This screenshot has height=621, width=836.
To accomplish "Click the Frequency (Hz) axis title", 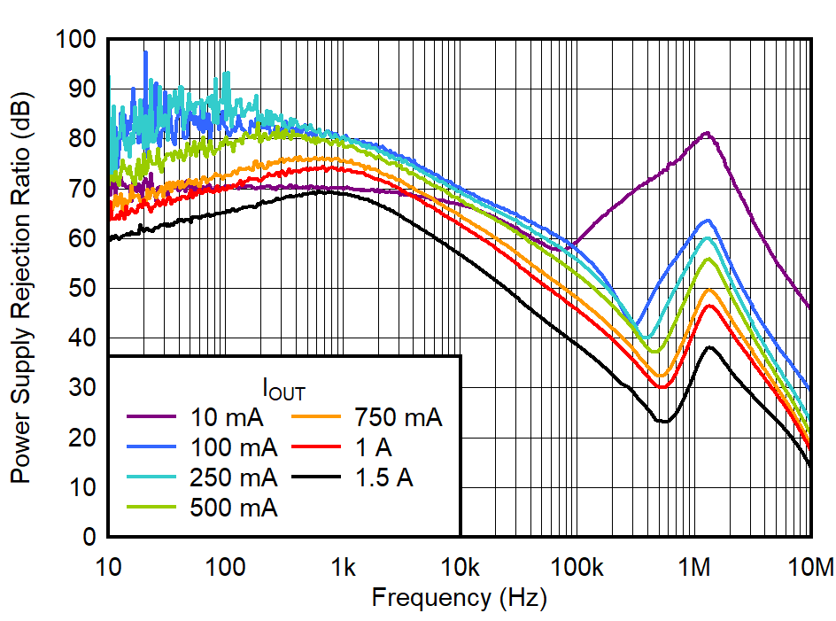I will (x=459, y=597).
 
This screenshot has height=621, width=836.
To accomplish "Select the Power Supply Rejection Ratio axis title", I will (x=19, y=289).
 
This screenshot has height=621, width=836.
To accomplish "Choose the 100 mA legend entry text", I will (x=233, y=447).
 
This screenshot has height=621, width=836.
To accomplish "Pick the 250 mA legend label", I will (x=233, y=477).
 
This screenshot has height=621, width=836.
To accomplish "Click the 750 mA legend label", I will (x=398, y=417).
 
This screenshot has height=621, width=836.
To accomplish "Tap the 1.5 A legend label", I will (x=383, y=477).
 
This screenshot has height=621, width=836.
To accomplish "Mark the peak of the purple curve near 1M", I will (x=706, y=133).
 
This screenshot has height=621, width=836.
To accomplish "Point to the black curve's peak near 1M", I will (x=709, y=347).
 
